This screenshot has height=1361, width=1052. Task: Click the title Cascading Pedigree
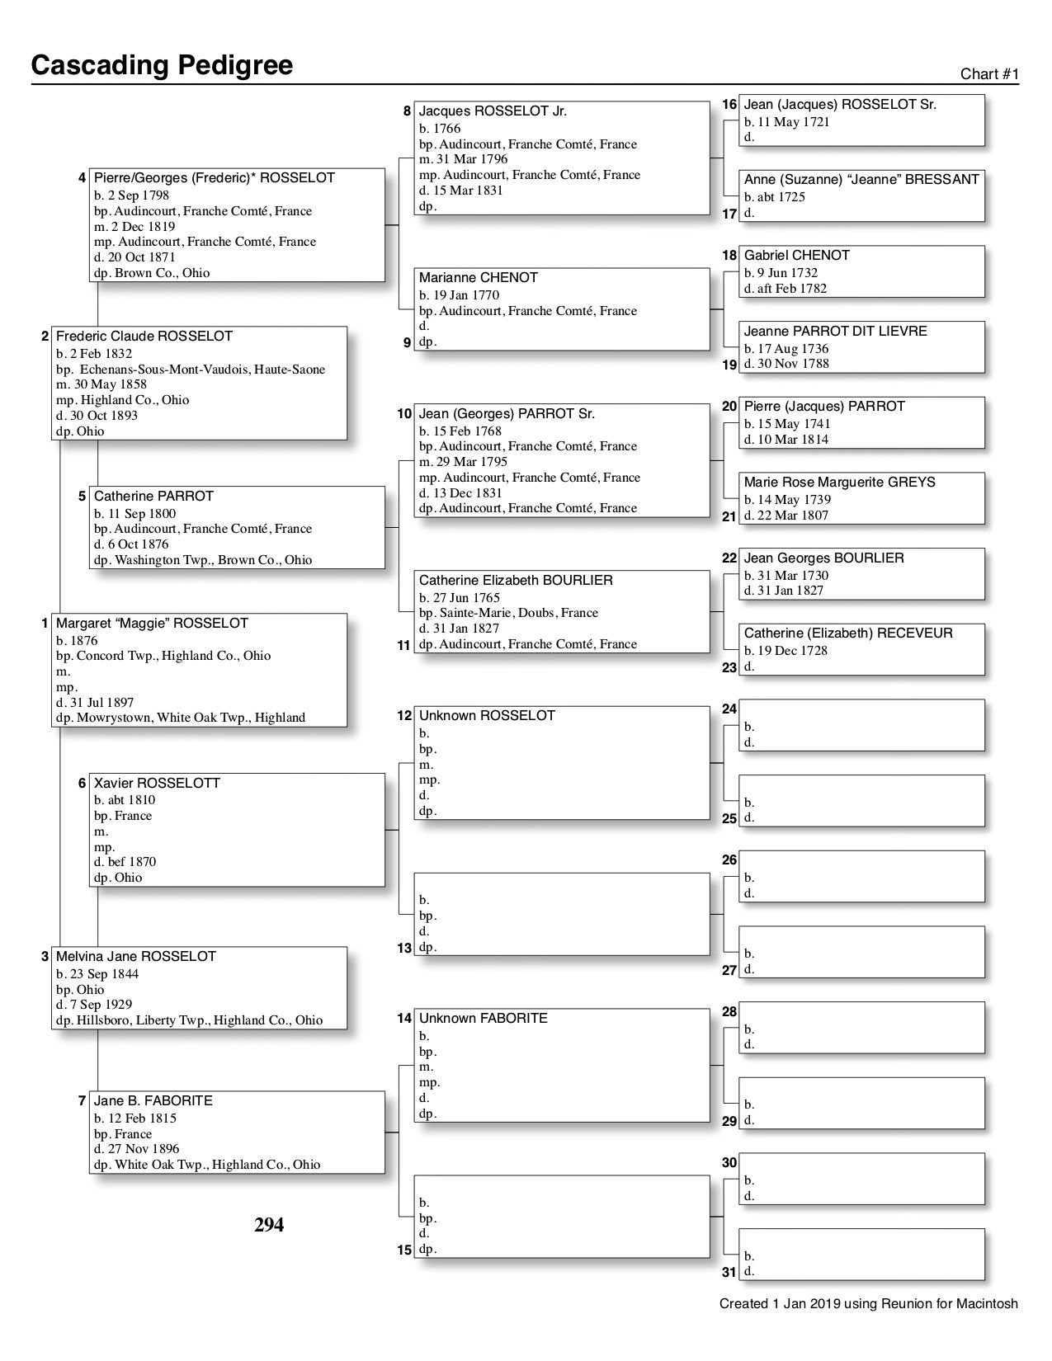point(162,65)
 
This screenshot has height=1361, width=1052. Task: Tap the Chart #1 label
point(989,74)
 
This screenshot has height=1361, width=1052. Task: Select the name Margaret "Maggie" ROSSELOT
point(152,624)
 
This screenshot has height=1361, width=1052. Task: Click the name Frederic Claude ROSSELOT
point(144,337)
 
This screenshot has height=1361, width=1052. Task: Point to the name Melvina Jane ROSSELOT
point(136,957)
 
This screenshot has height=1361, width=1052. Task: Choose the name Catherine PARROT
point(153,497)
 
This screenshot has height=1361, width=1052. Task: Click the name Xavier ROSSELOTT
point(157,783)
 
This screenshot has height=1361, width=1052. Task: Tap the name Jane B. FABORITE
point(153,1101)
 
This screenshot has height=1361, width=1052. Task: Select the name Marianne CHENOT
point(479,278)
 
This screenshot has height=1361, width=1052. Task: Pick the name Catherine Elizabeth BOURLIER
point(516,581)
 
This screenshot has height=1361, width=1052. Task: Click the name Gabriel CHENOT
point(796,256)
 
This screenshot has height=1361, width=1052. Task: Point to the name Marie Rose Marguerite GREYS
point(839,483)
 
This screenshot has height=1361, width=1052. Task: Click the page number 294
point(269,1226)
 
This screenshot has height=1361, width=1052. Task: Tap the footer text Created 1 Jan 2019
point(868,1304)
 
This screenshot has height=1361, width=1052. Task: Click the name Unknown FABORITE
point(483,1019)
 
